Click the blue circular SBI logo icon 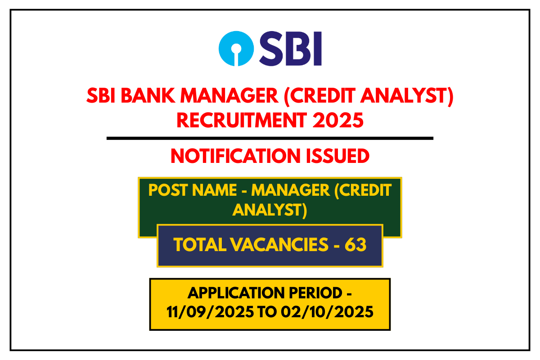pos(236,49)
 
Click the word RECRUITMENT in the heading pos(242,120)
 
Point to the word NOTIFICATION pos(235,156)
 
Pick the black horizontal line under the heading pos(270,139)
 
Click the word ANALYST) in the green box pos(270,210)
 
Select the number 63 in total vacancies pos(355,245)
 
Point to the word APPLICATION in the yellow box pos(233,293)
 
